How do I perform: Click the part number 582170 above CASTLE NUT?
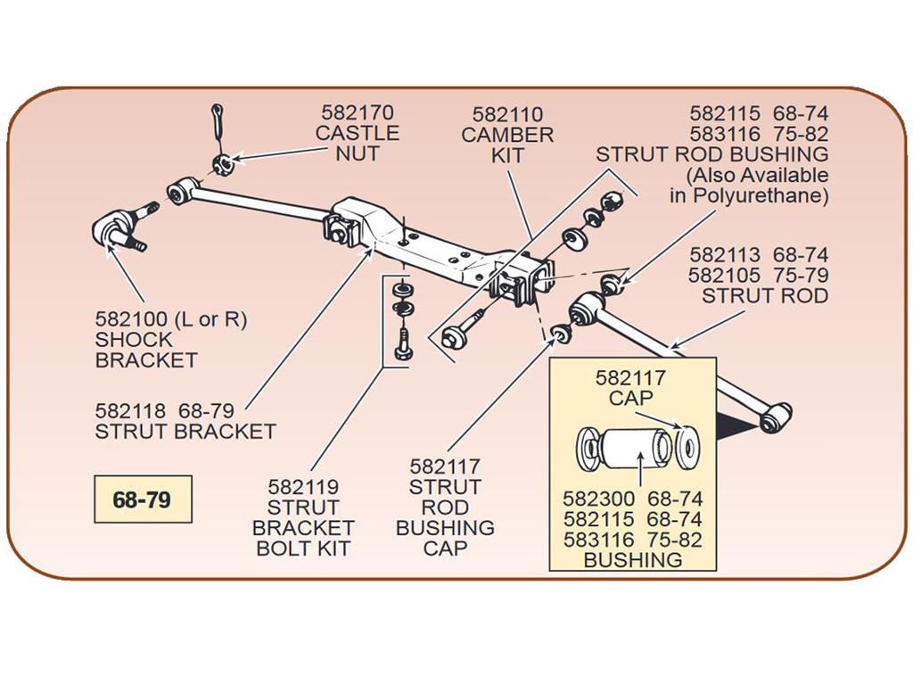[x=358, y=112]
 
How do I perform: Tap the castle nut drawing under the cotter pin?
[x=224, y=164]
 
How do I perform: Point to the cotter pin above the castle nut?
[x=218, y=128]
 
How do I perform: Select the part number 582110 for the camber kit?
[x=507, y=114]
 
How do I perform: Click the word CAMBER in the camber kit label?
[x=507, y=136]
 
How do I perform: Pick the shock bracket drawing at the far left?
[x=119, y=229]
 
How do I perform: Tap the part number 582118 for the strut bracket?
[x=130, y=411]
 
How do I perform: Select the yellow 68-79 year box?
[x=143, y=499]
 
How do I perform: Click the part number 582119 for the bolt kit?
[x=303, y=487]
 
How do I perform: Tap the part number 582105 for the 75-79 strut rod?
[x=723, y=276]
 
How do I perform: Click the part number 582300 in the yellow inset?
[x=598, y=499]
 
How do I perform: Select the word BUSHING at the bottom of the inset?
[x=633, y=560]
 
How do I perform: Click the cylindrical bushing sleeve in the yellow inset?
[x=633, y=448]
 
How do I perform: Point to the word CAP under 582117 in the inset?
[x=630, y=399]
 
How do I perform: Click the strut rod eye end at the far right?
[x=776, y=416]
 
